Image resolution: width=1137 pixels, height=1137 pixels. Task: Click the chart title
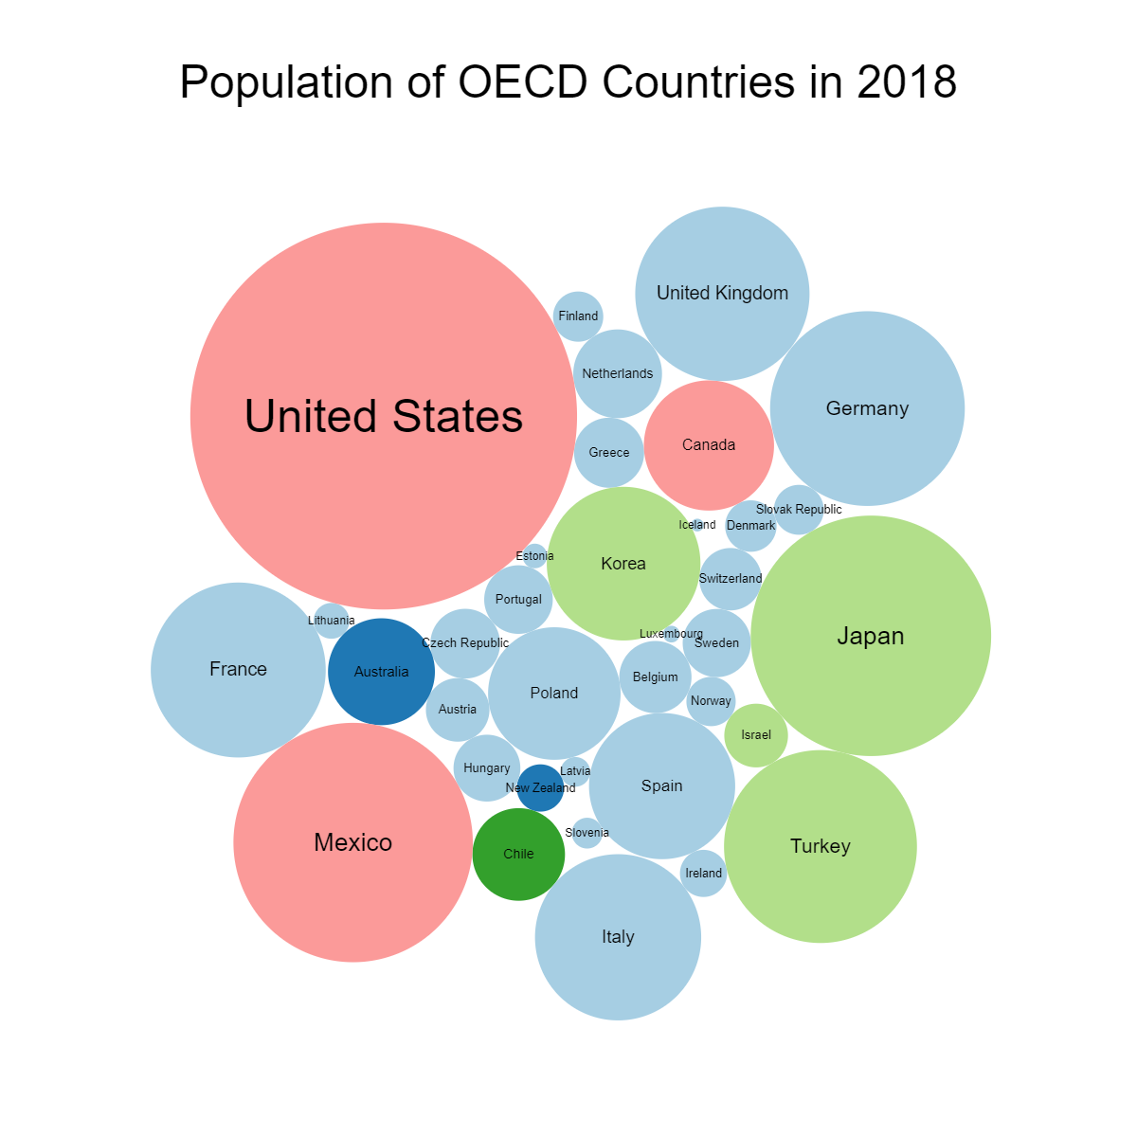pyautogui.click(x=568, y=82)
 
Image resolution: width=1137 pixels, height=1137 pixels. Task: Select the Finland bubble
pyautogui.click(x=578, y=316)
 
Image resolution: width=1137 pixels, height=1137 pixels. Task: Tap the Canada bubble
pyautogui.click(x=709, y=445)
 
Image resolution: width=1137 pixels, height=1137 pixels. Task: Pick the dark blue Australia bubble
pyautogui.click(x=381, y=672)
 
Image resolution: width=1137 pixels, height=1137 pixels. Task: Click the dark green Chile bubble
pyautogui.click(x=518, y=854)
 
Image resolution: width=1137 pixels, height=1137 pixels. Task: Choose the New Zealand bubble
pyautogui.click(x=540, y=788)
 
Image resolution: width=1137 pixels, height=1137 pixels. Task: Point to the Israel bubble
pyautogui.click(x=756, y=735)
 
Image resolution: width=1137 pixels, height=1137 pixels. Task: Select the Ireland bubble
pyautogui.click(x=703, y=874)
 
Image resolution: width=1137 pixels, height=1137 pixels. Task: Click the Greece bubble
pyautogui.click(x=609, y=453)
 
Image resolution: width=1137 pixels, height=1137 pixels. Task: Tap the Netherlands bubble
pyautogui.click(x=618, y=374)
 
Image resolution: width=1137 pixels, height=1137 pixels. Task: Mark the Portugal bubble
pyautogui.click(x=518, y=600)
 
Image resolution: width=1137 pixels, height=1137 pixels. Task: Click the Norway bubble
pyautogui.click(x=711, y=701)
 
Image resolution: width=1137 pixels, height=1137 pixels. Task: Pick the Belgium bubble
pyautogui.click(x=656, y=677)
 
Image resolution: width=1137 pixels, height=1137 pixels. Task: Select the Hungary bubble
pyautogui.click(x=487, y=768)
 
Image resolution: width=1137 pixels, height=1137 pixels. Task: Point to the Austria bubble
pyautogui.click(x=458, y=710)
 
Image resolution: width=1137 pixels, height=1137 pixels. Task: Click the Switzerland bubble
pyautogui.click(x=731, y=579)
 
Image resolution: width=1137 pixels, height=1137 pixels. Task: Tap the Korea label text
pyautogui.click(x=623, y=564)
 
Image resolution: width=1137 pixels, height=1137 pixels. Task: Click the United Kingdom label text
pyautogui.click(x=722, y=294)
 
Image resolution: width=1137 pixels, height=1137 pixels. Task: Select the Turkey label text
pyautogui.click(x=821, y=846)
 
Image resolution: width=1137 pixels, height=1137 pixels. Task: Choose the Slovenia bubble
pyautogui.click(x=587, y=833)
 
